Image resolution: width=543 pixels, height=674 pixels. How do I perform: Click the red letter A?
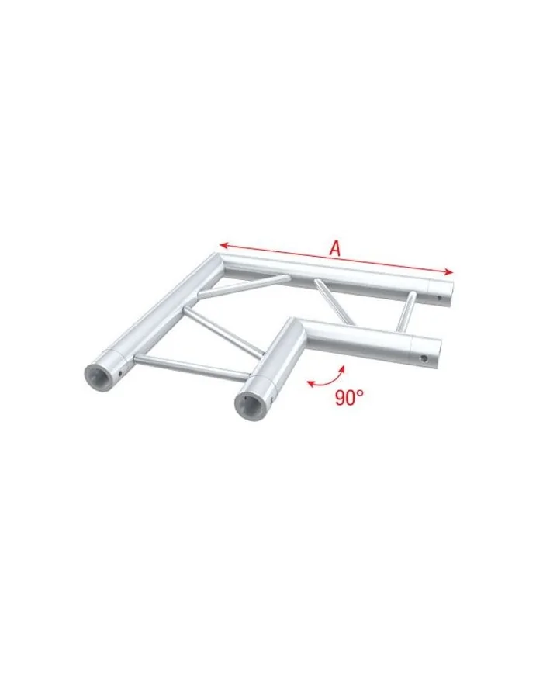[x=335, y=249]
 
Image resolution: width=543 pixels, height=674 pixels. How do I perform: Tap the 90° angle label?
[x=350, y=398]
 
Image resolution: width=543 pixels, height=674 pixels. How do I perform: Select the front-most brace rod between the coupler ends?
[x=194, y=367]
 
